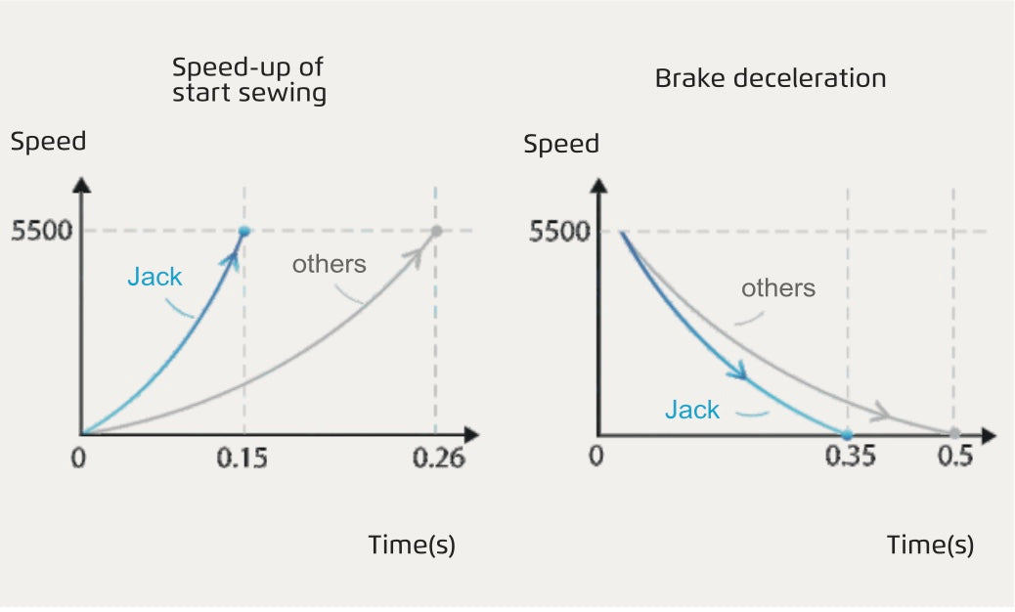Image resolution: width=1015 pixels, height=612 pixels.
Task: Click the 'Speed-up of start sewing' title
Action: click(248, 80)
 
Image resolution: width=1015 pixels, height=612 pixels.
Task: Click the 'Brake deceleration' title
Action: click(771, 78)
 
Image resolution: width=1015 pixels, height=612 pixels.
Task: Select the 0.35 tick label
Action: click(848, 458)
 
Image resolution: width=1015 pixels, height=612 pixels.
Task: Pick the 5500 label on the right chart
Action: click(559, 233)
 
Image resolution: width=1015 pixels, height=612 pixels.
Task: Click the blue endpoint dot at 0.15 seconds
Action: click(244, 231)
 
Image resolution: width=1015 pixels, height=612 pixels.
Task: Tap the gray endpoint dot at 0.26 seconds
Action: click(436, 231)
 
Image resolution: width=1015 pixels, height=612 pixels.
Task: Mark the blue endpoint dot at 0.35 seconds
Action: click(847, 434)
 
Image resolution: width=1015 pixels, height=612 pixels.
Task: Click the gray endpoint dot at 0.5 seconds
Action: click(953, 433)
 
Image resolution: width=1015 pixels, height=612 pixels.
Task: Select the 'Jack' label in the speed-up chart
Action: click(154, 277)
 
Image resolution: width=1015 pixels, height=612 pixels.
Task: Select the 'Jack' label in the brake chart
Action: click(692, 410)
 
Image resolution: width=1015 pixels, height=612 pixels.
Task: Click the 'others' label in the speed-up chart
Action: click(330, 263)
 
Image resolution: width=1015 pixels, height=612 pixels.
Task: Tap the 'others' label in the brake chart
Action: click(778, 288)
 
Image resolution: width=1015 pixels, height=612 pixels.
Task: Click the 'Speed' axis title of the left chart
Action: click(48, 141)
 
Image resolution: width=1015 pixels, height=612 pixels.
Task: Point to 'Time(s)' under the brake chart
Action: click(930, 545)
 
